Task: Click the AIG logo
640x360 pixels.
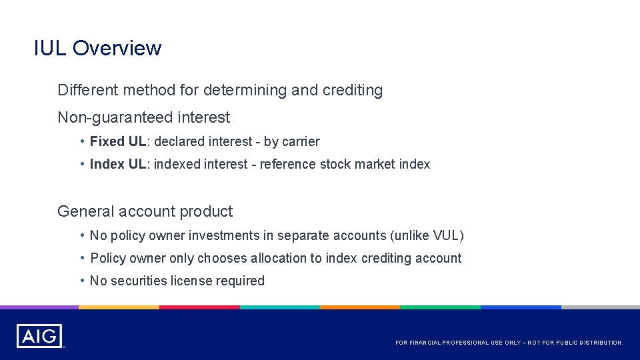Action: coord(39,335)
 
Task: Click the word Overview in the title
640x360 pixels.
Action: coord(117,48)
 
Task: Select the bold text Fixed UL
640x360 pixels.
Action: coord(117,141)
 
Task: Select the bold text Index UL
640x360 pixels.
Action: coord(118,164)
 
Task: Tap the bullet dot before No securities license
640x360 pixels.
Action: coord(81,281)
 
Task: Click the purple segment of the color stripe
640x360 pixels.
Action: coord(39,307)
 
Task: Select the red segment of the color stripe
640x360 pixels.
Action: coord(199,307)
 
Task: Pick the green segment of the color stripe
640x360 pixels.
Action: coord(440,307)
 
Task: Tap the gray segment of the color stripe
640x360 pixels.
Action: coord(600,307)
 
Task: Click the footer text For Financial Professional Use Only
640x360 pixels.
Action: coord(509,343)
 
